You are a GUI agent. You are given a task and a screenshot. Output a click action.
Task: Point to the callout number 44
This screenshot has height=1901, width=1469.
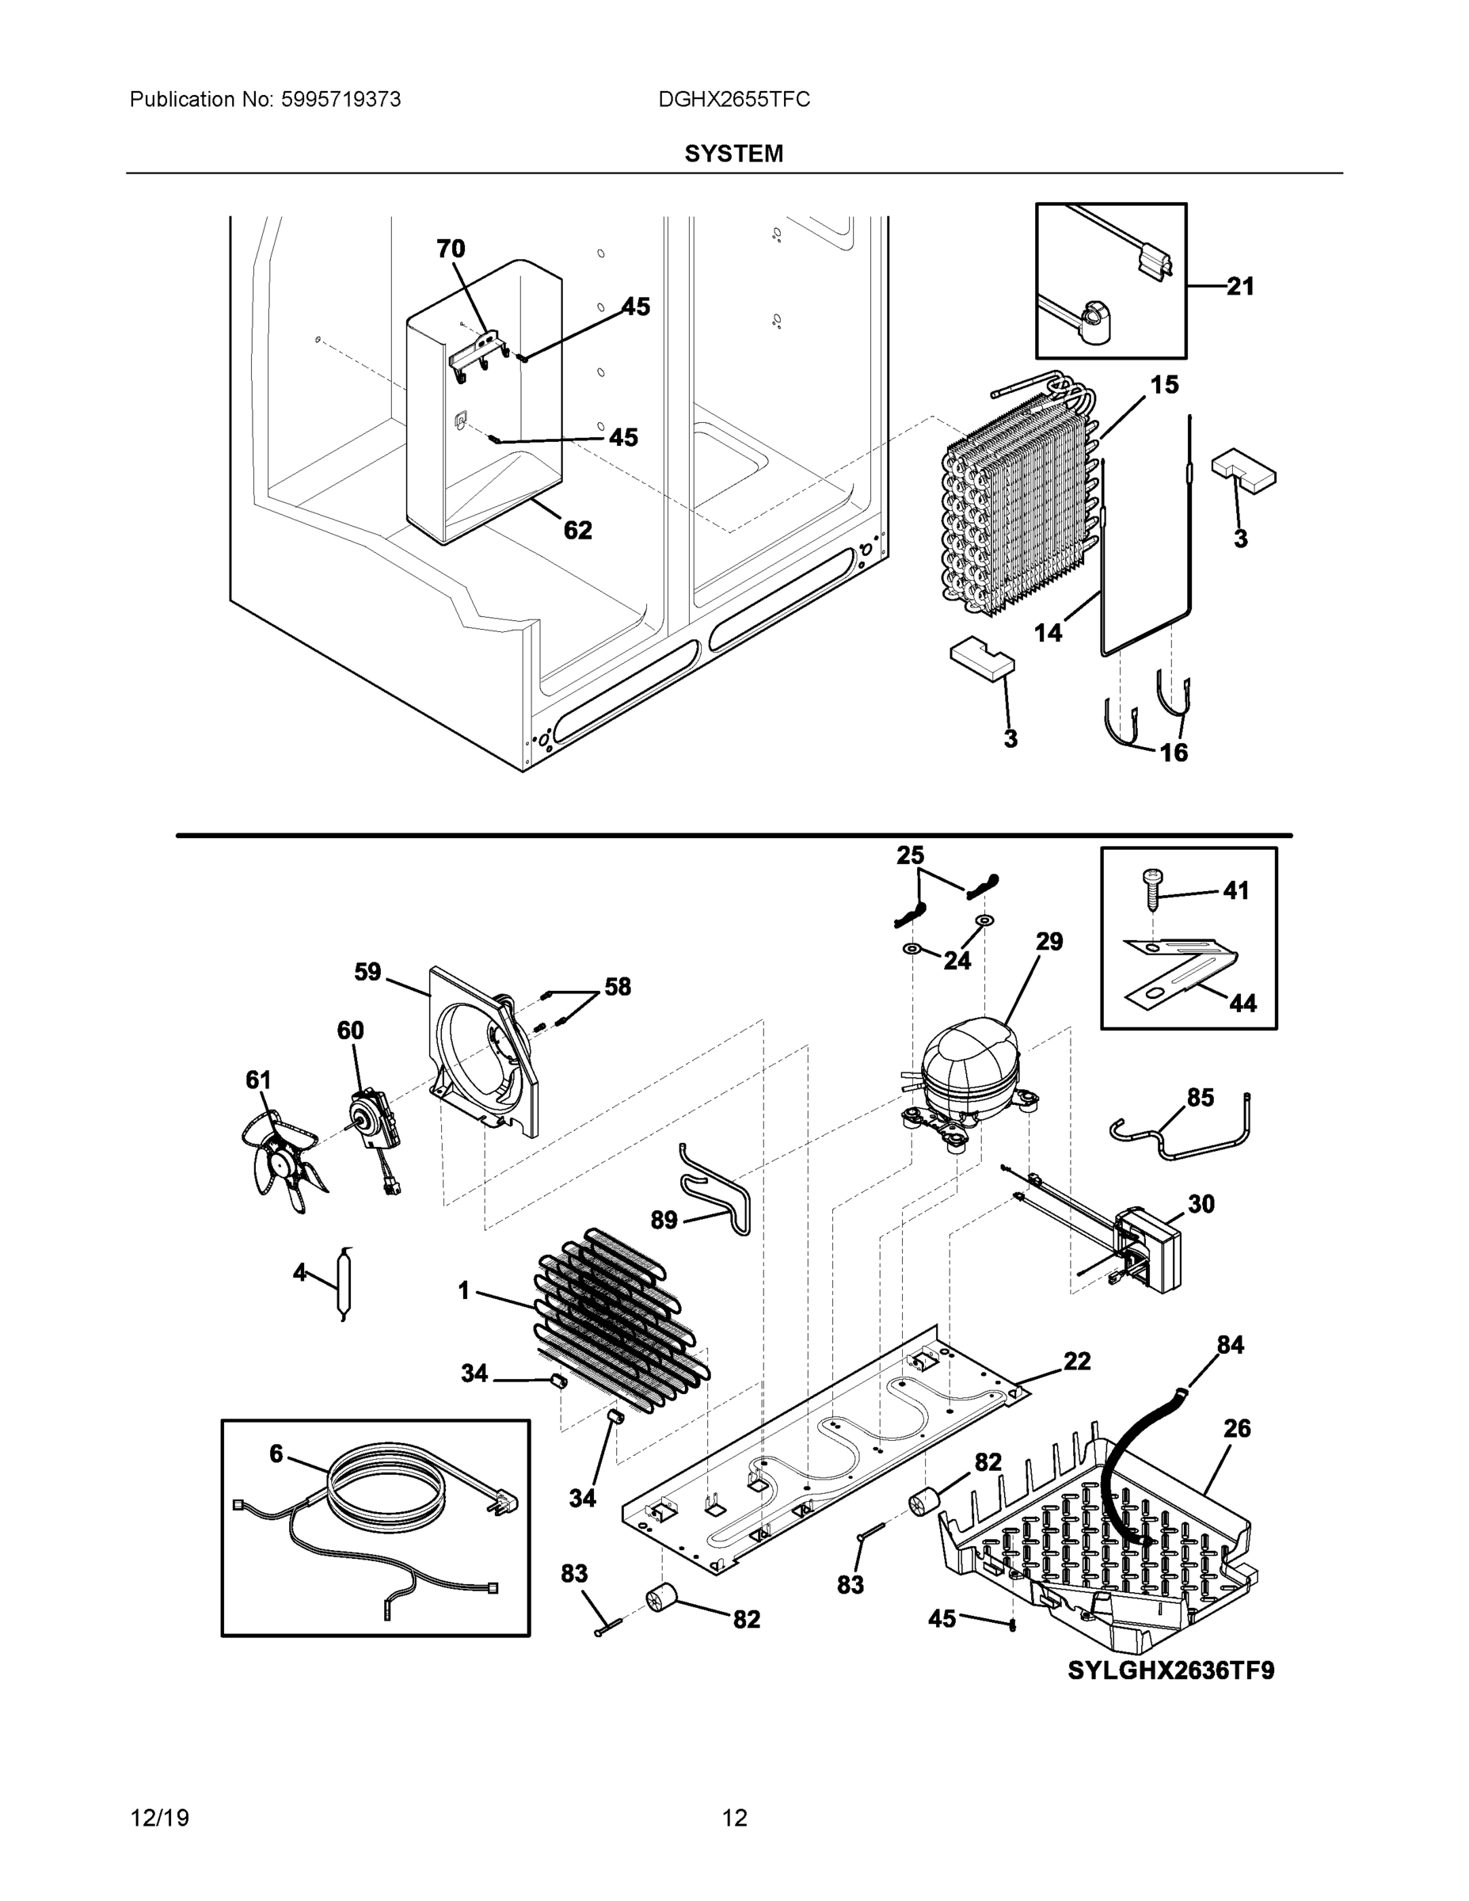[1243, 1004]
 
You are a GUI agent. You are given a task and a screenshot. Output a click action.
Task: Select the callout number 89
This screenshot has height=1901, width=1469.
[664, 1220]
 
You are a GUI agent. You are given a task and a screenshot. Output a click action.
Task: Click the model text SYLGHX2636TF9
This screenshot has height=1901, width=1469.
[1170, 1671]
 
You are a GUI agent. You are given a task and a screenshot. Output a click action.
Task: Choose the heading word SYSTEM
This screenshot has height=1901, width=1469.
[733, 154]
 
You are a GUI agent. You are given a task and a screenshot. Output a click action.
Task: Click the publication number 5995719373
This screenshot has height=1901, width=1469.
[341, 100]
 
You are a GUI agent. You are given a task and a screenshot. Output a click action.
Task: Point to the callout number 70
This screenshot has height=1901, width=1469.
[450, 249]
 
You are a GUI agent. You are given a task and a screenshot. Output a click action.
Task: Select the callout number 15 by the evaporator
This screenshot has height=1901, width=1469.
[1164, 384]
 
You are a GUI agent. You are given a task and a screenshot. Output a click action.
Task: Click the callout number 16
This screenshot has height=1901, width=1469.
[1174, 752]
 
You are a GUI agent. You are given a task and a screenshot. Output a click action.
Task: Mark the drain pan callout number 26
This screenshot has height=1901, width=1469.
[1237, 1427]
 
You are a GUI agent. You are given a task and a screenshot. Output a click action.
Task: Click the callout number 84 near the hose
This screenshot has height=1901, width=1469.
[1230, 1345]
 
